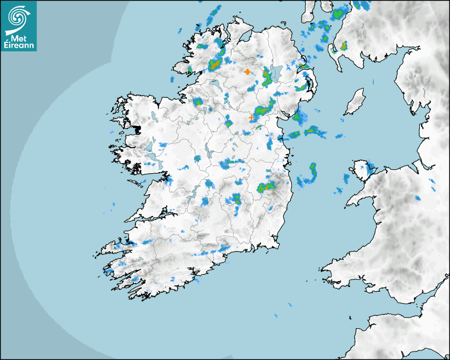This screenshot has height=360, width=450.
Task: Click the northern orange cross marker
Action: (247, 71)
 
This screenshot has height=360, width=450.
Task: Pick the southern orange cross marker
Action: (251, 118)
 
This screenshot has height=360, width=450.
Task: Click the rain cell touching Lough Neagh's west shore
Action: (266, 77)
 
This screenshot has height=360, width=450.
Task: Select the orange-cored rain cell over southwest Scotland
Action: (343, 46)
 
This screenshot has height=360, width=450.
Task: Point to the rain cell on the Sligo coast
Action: (197, 102)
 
